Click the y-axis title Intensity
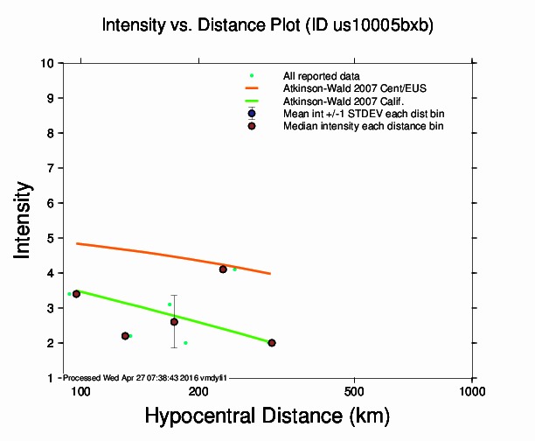click(25, 220)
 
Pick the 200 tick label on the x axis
click(198, 390)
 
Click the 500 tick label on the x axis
click(354, 390)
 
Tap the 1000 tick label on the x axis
click(472, 390)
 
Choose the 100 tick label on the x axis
click(80, 390)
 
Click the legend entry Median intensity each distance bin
click(363, 126)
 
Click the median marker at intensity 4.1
click(223, 269)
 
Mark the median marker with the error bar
click(174, 322)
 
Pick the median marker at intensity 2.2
click(125, 336)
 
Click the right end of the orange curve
click(270, 274)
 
